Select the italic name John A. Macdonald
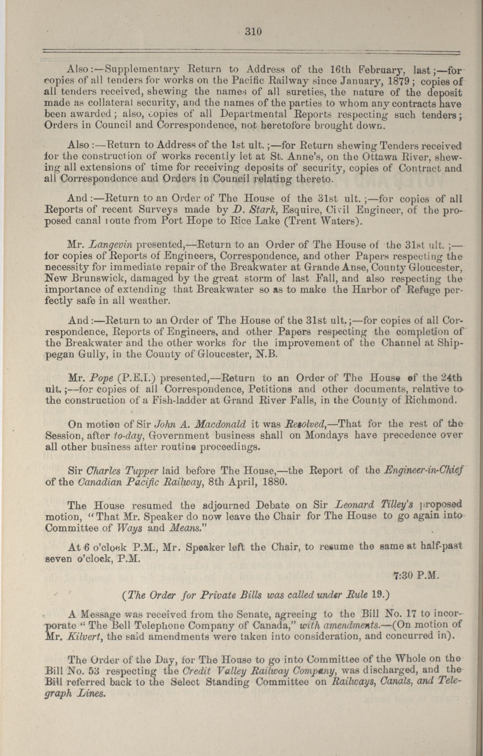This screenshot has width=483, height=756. [x=200, y=424]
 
